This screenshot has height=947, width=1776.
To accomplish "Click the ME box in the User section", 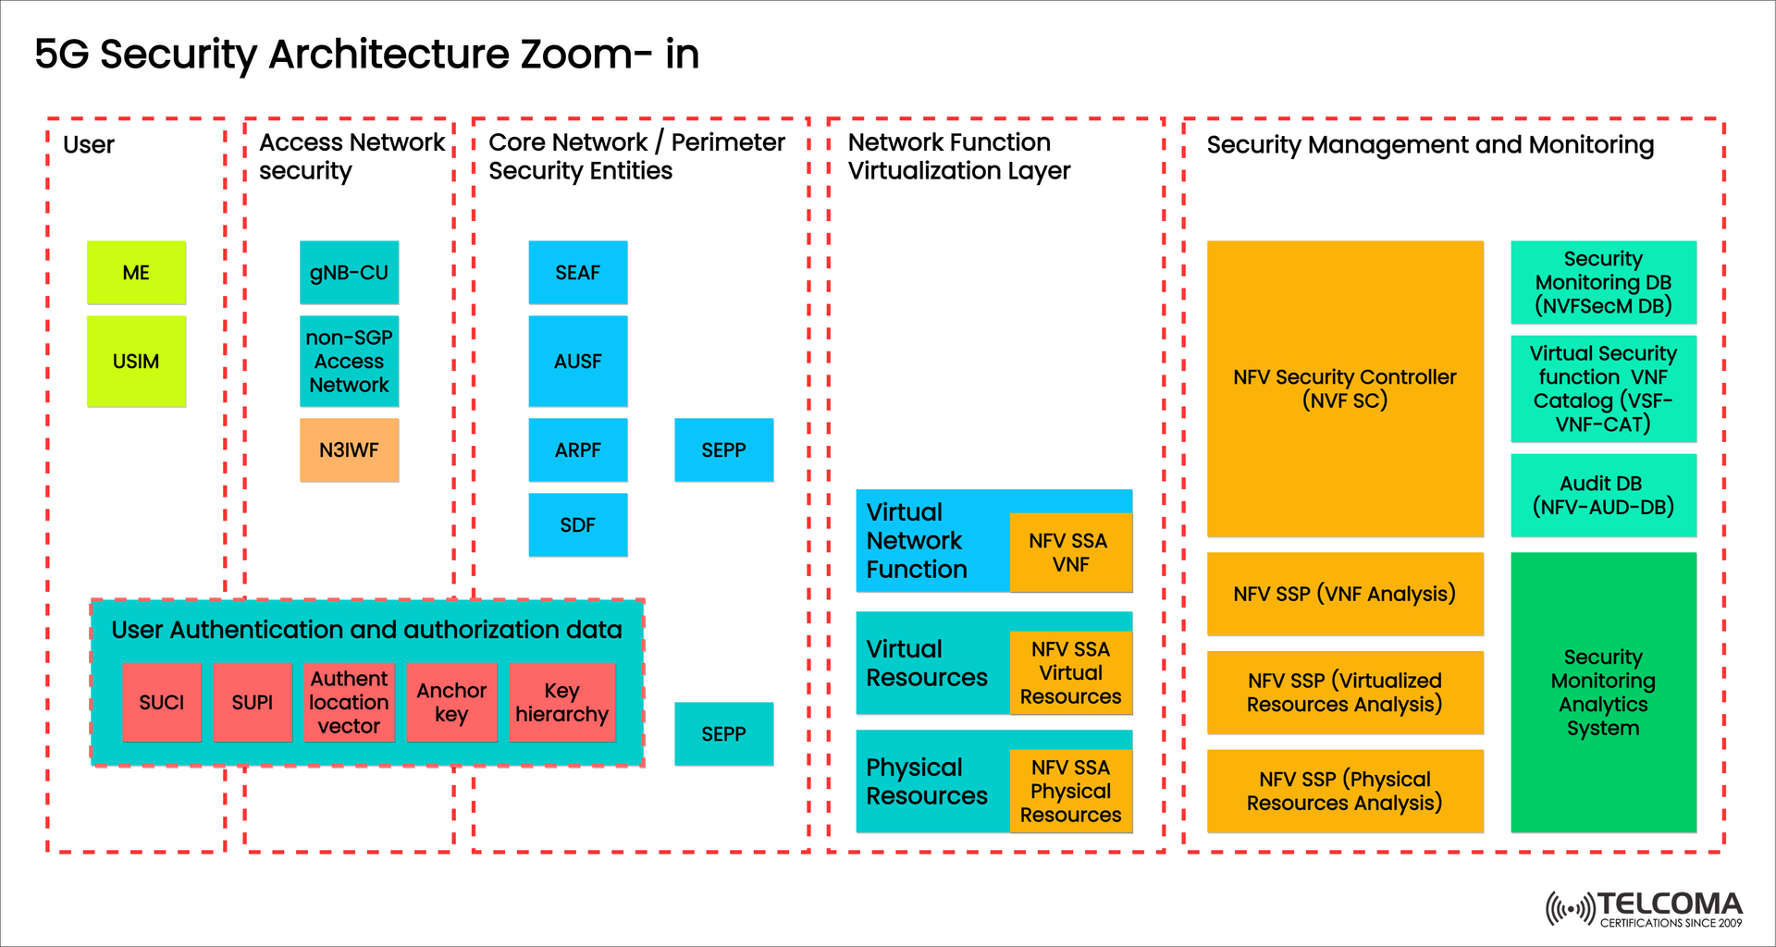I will click(136, 273).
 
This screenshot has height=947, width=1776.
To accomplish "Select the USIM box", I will click(136, 362).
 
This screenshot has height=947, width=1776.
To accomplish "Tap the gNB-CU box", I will click(349, 273).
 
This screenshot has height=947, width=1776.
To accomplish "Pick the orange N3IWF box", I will click(349, 450).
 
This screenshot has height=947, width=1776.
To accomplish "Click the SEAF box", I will click(577, 273).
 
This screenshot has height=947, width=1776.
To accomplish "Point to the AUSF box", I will click(577, 362).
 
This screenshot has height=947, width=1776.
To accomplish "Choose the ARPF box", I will click(577, 450).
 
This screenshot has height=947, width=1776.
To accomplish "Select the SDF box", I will click(577, 525).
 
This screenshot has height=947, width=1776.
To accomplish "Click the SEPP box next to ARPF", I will click(723, 450).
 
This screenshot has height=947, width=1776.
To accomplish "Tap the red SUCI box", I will click(162, 703).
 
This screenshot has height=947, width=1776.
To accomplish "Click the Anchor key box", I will click(451, 703).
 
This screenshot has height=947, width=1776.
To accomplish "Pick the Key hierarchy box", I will click(561, 703).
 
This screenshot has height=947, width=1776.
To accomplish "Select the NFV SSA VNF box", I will click(1070, 552).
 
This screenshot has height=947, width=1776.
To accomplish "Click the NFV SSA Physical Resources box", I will click(1070, 791).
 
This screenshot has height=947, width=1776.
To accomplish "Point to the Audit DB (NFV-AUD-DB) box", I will click(1603, 496).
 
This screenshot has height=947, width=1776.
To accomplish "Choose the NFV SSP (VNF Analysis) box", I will click(1344, 594).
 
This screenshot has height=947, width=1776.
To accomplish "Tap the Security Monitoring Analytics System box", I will click(1603, 693).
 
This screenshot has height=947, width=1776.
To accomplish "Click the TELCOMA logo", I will click(1645, 908).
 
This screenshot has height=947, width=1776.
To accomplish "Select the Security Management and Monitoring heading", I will click(1430, 145).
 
